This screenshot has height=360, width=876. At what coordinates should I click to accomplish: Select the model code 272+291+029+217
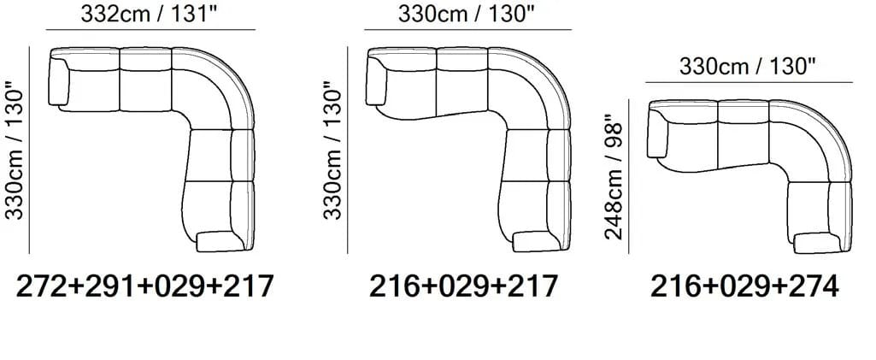[145, 286]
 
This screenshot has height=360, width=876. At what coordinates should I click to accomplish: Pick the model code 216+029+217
[464, 286]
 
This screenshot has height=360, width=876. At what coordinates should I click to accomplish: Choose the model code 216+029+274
[744, 286]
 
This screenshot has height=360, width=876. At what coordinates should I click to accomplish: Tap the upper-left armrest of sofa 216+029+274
[657, 134]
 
